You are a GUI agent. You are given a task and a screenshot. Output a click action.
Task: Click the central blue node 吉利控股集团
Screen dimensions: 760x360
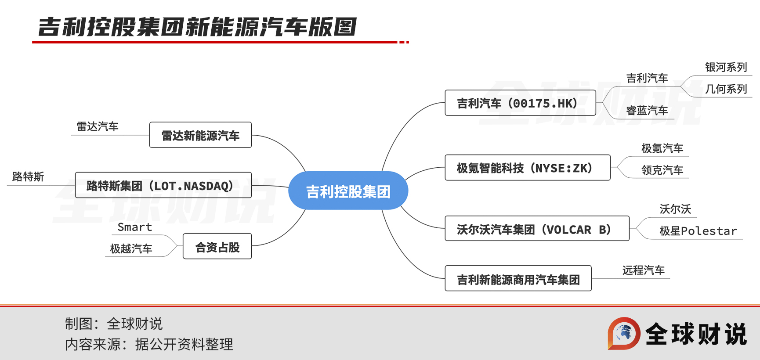click(x=348, y=191)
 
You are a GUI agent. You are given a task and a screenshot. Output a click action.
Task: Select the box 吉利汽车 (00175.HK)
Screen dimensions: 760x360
click(x=520, y=103)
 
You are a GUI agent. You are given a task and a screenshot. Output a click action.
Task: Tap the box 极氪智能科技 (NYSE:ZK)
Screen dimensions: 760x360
click(x=528, y=167)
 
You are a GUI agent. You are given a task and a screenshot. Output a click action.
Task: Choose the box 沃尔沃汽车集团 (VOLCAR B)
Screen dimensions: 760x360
click(x=537, y=228)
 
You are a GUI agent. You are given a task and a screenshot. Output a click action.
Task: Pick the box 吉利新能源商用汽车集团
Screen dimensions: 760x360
click(x=518, y=278)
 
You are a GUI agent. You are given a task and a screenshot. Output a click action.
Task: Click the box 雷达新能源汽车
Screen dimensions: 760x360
click(x=200, y=135)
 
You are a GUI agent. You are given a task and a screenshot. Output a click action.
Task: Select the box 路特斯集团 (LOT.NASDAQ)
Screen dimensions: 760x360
click(x=163, y=185)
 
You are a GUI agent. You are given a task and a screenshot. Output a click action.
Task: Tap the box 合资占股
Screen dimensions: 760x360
click(x=217, y=246)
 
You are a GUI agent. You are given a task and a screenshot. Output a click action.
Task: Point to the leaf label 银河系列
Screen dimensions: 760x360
click(x=726, y=67)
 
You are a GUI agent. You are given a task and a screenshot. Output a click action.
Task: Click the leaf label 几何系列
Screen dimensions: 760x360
click(x=726, y=89)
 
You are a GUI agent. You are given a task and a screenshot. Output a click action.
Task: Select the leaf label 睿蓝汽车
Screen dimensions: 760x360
click(x=647, y=111)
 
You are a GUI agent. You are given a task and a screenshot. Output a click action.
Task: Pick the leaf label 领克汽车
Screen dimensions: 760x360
click(x=662, y=170)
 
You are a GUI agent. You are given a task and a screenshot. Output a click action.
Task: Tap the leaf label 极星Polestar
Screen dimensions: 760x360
click(x=698, y=231)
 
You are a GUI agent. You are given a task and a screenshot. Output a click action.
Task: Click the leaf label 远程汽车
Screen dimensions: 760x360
click(x=644, y=270)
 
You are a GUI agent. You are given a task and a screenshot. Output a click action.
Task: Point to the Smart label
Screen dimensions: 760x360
click(x=134, y=227)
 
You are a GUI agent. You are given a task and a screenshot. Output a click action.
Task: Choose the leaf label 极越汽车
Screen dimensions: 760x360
click(x=131, y=249)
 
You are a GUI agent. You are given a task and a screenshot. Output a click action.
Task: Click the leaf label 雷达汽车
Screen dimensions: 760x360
click(x=98, y=126)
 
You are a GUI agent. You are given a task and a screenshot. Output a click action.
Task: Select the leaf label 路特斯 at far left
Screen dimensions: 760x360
click(x=28, y=176)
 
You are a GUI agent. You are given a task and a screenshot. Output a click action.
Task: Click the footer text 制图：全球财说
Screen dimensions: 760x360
click(x=113, y=324)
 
